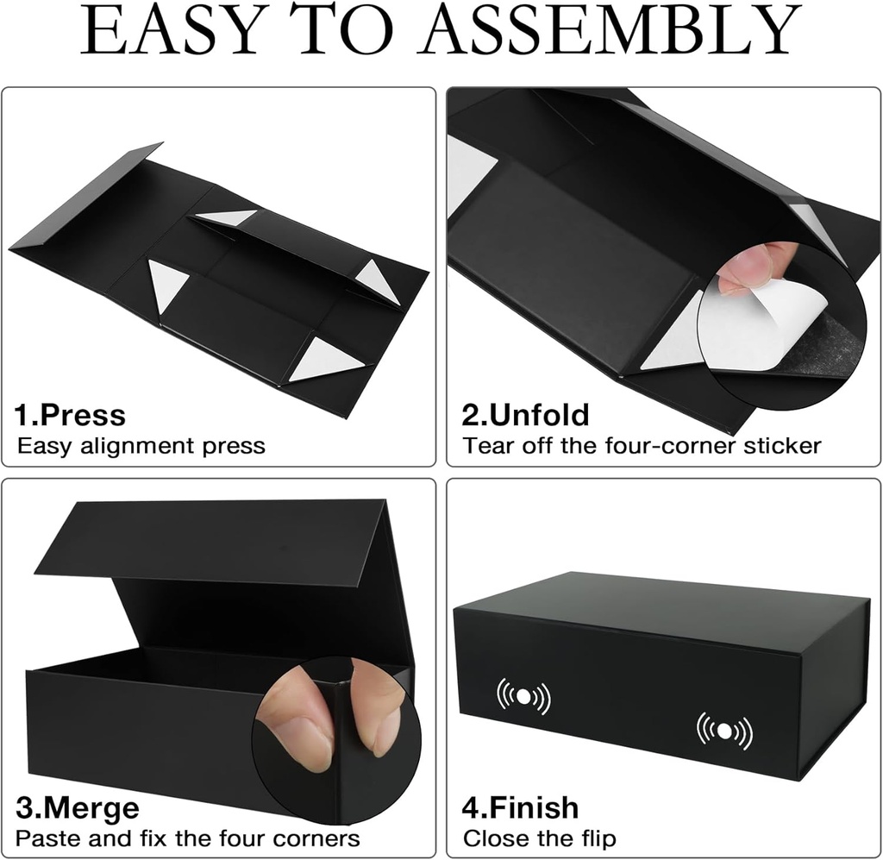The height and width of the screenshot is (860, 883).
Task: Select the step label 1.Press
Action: (x=70, y=415)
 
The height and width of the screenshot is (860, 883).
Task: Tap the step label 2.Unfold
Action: (x=526, y=415)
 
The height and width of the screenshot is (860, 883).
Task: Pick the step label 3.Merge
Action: (x=78, y=808)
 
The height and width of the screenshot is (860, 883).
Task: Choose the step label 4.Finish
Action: (x=521, y=808)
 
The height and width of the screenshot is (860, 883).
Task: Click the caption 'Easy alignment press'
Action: (x=141, y=446)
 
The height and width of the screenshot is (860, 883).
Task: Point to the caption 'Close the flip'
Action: (x=540, y=838)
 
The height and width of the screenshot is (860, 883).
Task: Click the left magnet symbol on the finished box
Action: (x=523, y=696)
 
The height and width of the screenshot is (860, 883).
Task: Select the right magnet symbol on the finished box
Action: (x=723, y=731)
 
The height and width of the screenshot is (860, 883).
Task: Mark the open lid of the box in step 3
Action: (x=216, y=539)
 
